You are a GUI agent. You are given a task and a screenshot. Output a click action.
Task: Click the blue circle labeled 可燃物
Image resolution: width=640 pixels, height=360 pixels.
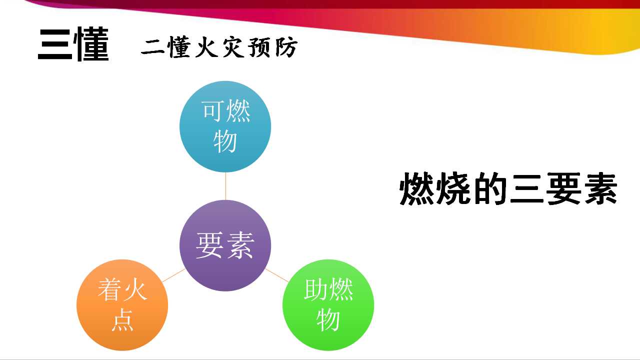pos(225,126)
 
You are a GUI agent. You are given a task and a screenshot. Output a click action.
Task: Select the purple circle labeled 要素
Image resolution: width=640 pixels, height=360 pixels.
pos(225,245)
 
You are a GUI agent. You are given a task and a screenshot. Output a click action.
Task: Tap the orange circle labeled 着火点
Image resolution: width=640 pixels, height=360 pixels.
pos(122,305)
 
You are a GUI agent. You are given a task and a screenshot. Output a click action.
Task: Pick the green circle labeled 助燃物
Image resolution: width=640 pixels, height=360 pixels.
pos(328,305)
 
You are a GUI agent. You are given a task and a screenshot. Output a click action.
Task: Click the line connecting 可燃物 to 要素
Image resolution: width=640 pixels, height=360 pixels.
pos(225,186)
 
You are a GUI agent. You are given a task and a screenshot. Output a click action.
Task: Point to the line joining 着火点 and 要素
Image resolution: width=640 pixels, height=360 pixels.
pos(173,275)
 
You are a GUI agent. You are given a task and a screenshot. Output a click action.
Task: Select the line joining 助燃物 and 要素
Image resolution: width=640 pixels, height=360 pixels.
pos(277,275)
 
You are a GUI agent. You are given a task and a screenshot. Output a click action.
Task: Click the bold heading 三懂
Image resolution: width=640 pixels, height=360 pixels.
pos(73,44)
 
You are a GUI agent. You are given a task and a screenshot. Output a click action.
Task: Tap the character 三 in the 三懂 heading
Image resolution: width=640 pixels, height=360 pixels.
pos(55,44)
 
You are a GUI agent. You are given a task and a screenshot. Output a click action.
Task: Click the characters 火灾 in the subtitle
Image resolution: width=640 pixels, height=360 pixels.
pos(219,47)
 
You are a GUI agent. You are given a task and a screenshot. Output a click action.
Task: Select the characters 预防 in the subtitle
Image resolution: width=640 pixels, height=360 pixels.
pos(273,47)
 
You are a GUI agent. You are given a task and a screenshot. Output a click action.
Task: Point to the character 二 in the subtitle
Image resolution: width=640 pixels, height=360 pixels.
pos(152,47)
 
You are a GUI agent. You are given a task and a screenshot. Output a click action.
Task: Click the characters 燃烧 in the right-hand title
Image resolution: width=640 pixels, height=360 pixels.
pos(435,188)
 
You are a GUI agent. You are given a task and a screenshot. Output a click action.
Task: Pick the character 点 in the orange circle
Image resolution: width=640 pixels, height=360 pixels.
pos(122,319)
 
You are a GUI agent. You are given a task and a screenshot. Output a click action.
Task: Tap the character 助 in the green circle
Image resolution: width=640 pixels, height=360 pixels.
pos(315,289)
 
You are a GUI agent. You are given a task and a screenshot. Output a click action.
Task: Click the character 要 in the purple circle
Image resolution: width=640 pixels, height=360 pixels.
pos(209,245)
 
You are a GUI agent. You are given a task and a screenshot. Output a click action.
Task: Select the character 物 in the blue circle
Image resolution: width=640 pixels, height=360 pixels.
pos(225,141)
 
